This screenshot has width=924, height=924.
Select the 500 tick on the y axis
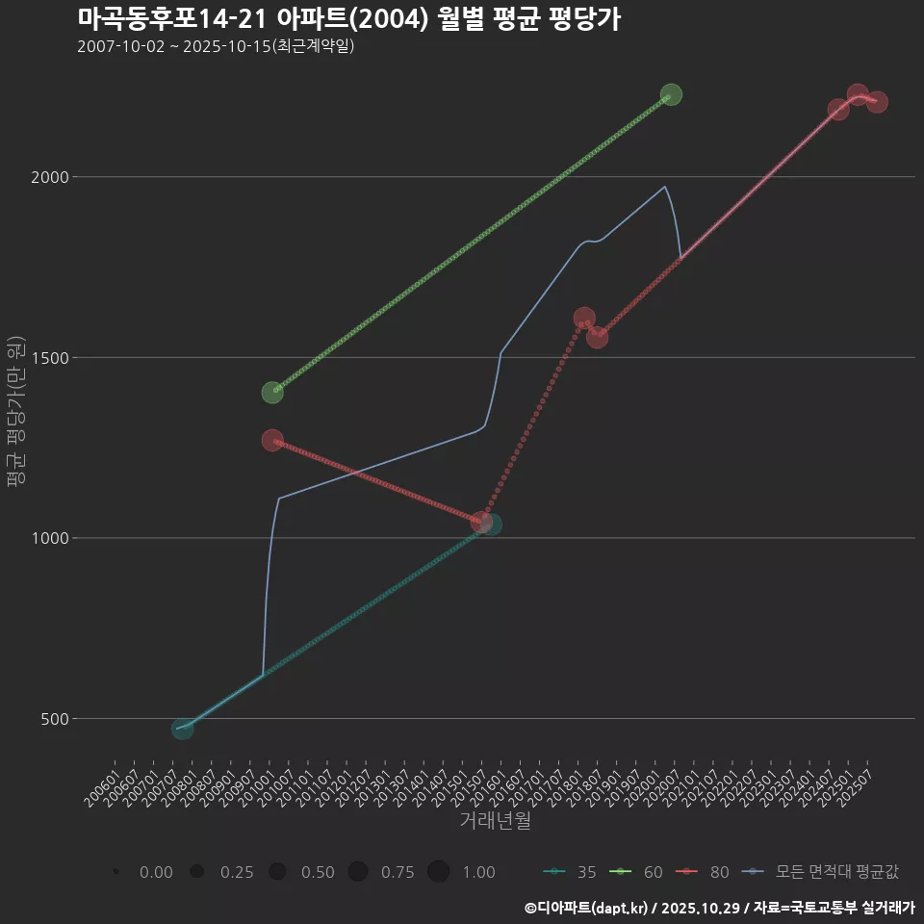tap(53, 719)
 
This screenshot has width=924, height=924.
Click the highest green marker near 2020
tap(671, 94)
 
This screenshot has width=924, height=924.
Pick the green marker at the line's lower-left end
tap(272, 393)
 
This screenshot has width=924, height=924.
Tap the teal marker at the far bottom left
tap(182, 729)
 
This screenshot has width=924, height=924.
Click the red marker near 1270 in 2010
tap(272, 440)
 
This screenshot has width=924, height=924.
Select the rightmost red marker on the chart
tap(877, 102)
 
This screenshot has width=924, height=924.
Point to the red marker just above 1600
tap(584, 318)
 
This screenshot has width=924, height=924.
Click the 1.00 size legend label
tap(478, 872)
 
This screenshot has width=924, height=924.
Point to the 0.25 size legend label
tap(237, 872)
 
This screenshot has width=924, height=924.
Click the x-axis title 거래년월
tap(495, 821)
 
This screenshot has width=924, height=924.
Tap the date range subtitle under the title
tap(216, 46)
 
